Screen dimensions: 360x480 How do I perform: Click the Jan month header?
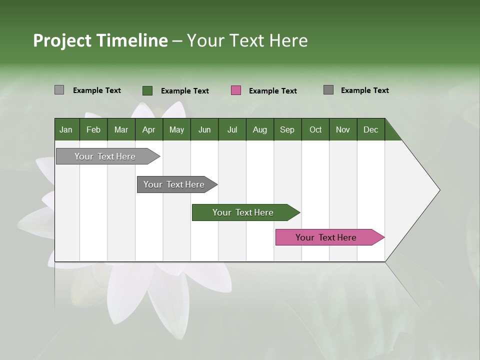coord(66,129)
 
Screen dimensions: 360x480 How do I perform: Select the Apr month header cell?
coord(148,129)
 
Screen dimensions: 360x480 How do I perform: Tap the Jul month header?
coord(232,129)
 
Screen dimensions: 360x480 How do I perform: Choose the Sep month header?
coord(287,129)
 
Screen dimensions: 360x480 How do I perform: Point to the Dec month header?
coord(370,129)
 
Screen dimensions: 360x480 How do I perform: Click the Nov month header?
coord(342,129)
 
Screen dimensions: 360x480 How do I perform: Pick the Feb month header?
coord(93,129)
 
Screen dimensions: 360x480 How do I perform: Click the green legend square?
coord(147,90)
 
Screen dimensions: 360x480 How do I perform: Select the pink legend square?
coord(236,90)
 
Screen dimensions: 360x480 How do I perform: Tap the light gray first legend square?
coord(59,90)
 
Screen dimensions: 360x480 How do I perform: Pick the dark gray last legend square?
coord(328,90)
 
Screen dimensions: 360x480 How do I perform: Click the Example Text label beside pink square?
coord(272,91)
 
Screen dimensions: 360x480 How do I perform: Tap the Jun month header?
coord(204,129)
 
